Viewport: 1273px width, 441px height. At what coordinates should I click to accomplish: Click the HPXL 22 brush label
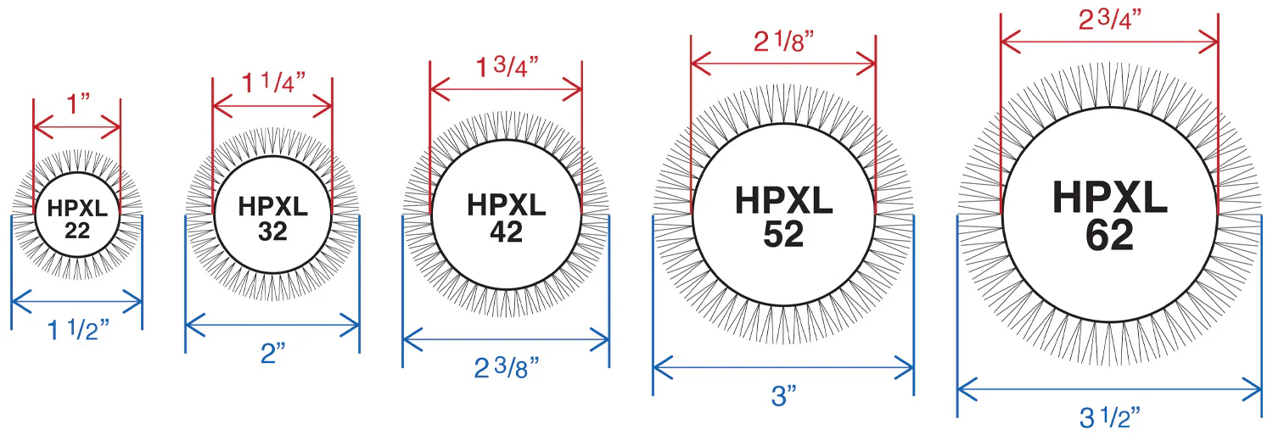[x=77, y=219]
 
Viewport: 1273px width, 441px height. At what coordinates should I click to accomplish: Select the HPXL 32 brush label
[x=272, y=219]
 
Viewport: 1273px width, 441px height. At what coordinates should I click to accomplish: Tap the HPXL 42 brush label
[x=507, y=219]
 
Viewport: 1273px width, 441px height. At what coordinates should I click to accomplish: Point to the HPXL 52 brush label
[x=783, y=217]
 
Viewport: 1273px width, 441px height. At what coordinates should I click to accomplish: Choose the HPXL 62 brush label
[x=1110, y=215]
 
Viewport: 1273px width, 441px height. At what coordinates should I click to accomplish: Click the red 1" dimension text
[x=79, y=104]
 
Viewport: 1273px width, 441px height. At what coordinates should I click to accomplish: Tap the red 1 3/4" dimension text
[x=507, y=67]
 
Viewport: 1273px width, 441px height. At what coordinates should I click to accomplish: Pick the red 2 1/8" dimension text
[x=783, y=42]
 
